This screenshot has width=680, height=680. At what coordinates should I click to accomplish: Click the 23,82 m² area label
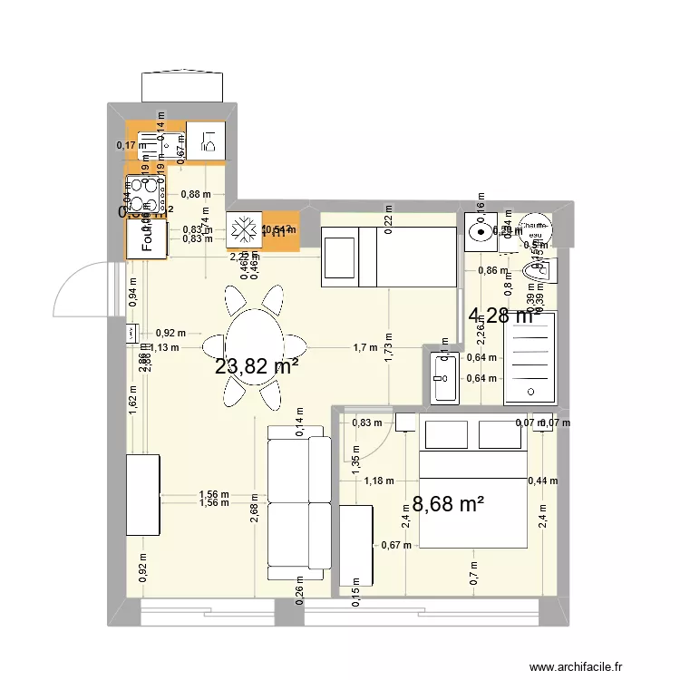click(x=257, y=366)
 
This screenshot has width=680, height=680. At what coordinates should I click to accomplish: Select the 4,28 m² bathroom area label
click(x=500, y=316)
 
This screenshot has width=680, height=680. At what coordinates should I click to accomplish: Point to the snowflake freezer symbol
click(x=243, y=229)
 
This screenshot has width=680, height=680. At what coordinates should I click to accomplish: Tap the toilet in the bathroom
click(x=536, y=273)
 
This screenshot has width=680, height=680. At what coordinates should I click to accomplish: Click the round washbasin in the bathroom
click(x=477, y=230)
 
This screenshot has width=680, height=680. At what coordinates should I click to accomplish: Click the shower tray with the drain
click(x=529, y=355)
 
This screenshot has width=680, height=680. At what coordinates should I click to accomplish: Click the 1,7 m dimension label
click(x=364, y=347)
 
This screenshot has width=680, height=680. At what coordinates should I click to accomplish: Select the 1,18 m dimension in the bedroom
click(x=378, y=481)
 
